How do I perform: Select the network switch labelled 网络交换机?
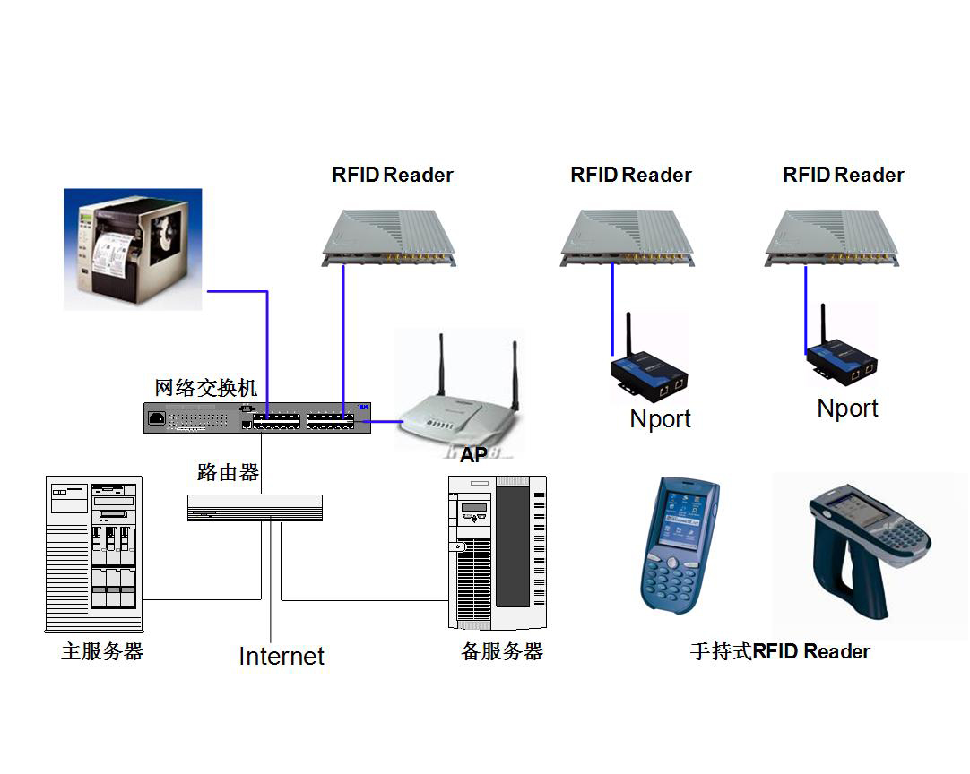coord(257,418)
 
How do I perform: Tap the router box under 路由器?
coord(255,508)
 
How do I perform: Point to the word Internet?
coord(281,657)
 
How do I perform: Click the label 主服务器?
coord(102,651)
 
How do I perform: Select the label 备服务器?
coord(502,651)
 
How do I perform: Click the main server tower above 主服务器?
coord(93,554)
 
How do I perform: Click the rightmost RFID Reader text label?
coord(844,176)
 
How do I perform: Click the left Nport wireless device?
coord(649,367)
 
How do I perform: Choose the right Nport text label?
coord(848,408)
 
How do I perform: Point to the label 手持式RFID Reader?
coord(780,651)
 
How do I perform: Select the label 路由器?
coord(228,472)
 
